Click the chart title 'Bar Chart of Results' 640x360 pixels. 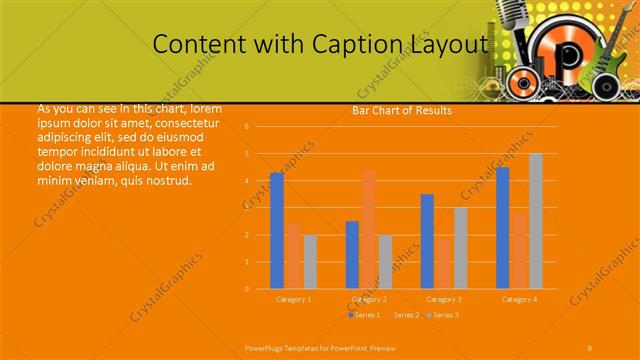tap(402, 110)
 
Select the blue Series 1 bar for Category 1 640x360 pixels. tap(277, 231)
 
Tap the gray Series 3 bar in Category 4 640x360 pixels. tap(535, 221)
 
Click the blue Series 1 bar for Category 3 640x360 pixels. tap(427, 241)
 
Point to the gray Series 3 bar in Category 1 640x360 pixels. tap(310, 262)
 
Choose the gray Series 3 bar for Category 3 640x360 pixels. tap(460, 248)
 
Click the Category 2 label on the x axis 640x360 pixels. tap(369, 299)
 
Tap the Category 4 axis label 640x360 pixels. tap(519, 299)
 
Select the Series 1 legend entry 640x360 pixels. tap(365, 315)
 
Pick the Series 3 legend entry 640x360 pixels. tap(443, 315)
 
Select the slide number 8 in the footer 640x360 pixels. tap(589, 347)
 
